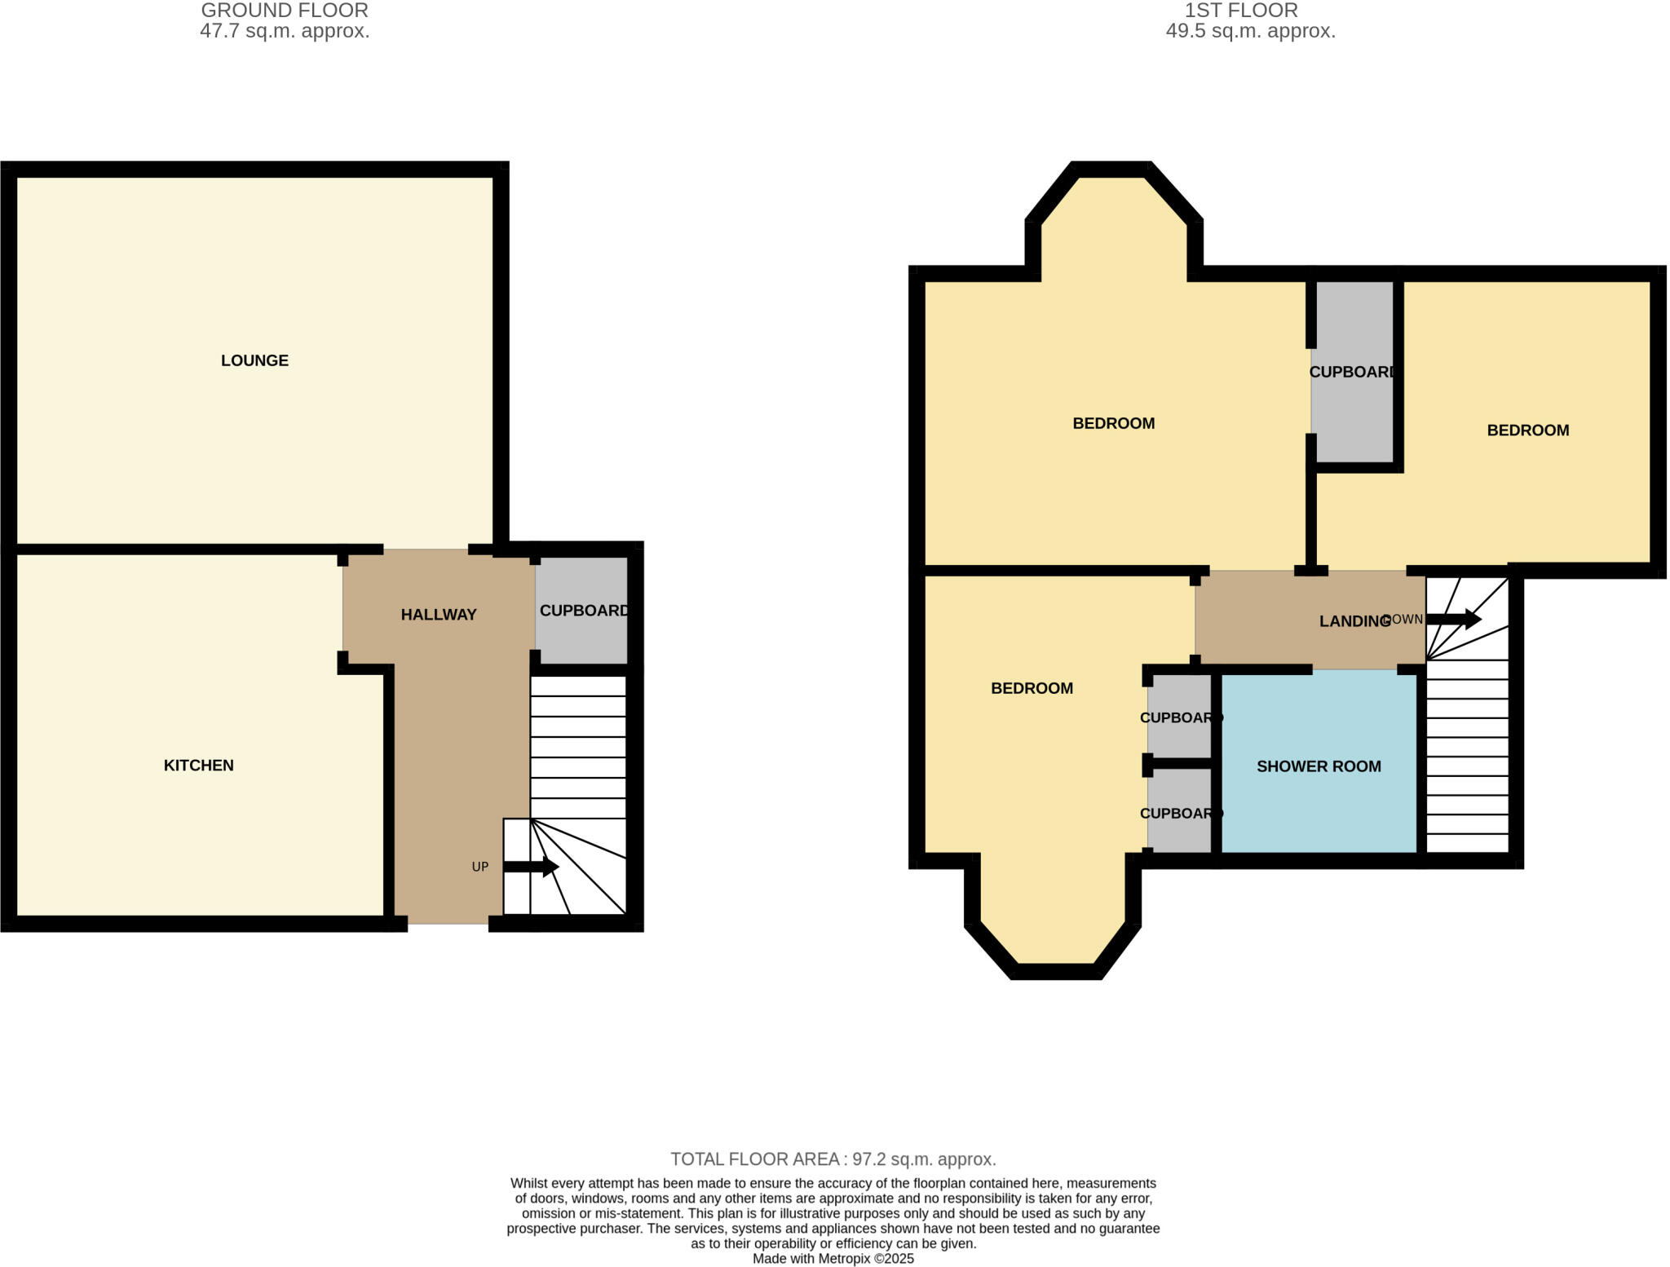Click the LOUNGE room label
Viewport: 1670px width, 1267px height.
click(254, 360)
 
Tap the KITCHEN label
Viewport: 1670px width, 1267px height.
click(198, 765)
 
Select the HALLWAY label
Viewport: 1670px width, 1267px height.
click(438, 615)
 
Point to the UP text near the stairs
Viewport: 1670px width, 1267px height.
click(479, 867)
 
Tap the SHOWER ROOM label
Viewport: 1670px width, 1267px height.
click(1319, 766)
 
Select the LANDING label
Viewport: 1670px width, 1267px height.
click(1354, 621)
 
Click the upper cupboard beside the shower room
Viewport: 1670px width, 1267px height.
click(1180, 717)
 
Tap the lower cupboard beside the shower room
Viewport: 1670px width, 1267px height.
click(1180, 813)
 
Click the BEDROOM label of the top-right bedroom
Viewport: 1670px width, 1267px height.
click(1527, 430)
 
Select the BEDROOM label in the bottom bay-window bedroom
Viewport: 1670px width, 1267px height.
click(1032, 688)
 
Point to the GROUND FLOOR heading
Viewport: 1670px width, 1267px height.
click(285, 11)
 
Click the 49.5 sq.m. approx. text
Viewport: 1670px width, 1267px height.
click(1250, 32)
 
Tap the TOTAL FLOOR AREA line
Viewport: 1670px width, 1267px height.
click(833, 1159)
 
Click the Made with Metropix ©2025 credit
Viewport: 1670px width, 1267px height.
click(833, 1258)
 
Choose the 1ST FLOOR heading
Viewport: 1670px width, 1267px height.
click(1241, 11)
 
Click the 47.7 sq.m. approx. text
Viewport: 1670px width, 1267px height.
click(285, 32)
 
